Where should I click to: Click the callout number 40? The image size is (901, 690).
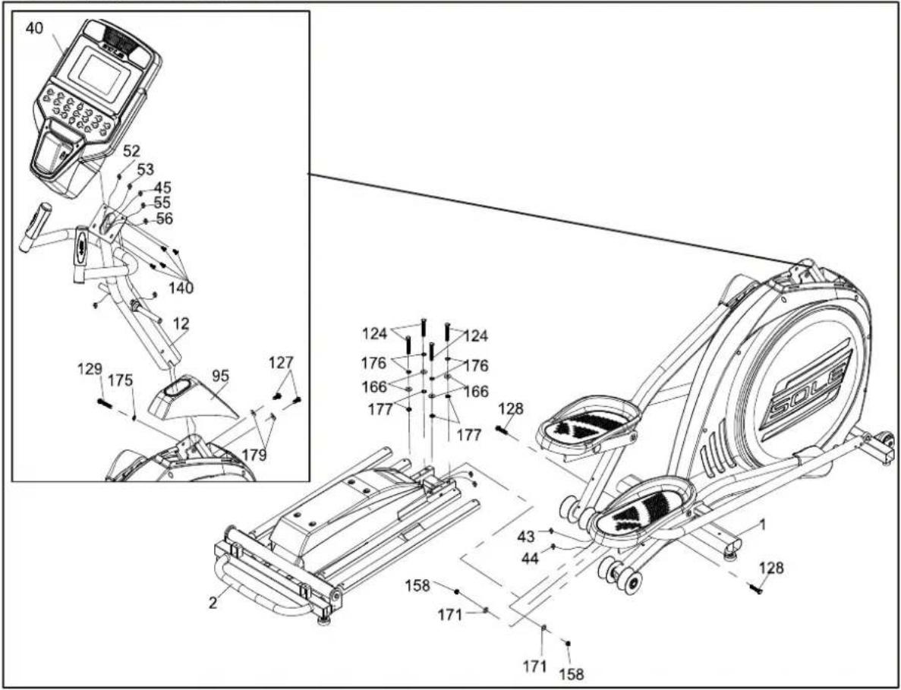coord(34,30)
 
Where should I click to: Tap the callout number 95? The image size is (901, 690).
coord(221,376)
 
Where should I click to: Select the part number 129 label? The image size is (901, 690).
coord(91,368)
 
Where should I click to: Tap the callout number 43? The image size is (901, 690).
coord(526,537)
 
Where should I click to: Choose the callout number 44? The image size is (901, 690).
coord(531,557)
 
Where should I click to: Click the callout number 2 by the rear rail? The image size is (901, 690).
coord(213,603)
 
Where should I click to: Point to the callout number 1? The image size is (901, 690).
coord(763,524)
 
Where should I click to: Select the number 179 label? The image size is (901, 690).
coord(254,455)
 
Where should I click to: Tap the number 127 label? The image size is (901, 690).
coord(281,363)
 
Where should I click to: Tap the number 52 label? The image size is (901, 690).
coord(131,152)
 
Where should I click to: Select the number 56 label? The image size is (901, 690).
coord(165,219)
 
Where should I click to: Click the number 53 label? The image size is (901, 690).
coord(146,169)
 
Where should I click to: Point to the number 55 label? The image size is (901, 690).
coord(162,203)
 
